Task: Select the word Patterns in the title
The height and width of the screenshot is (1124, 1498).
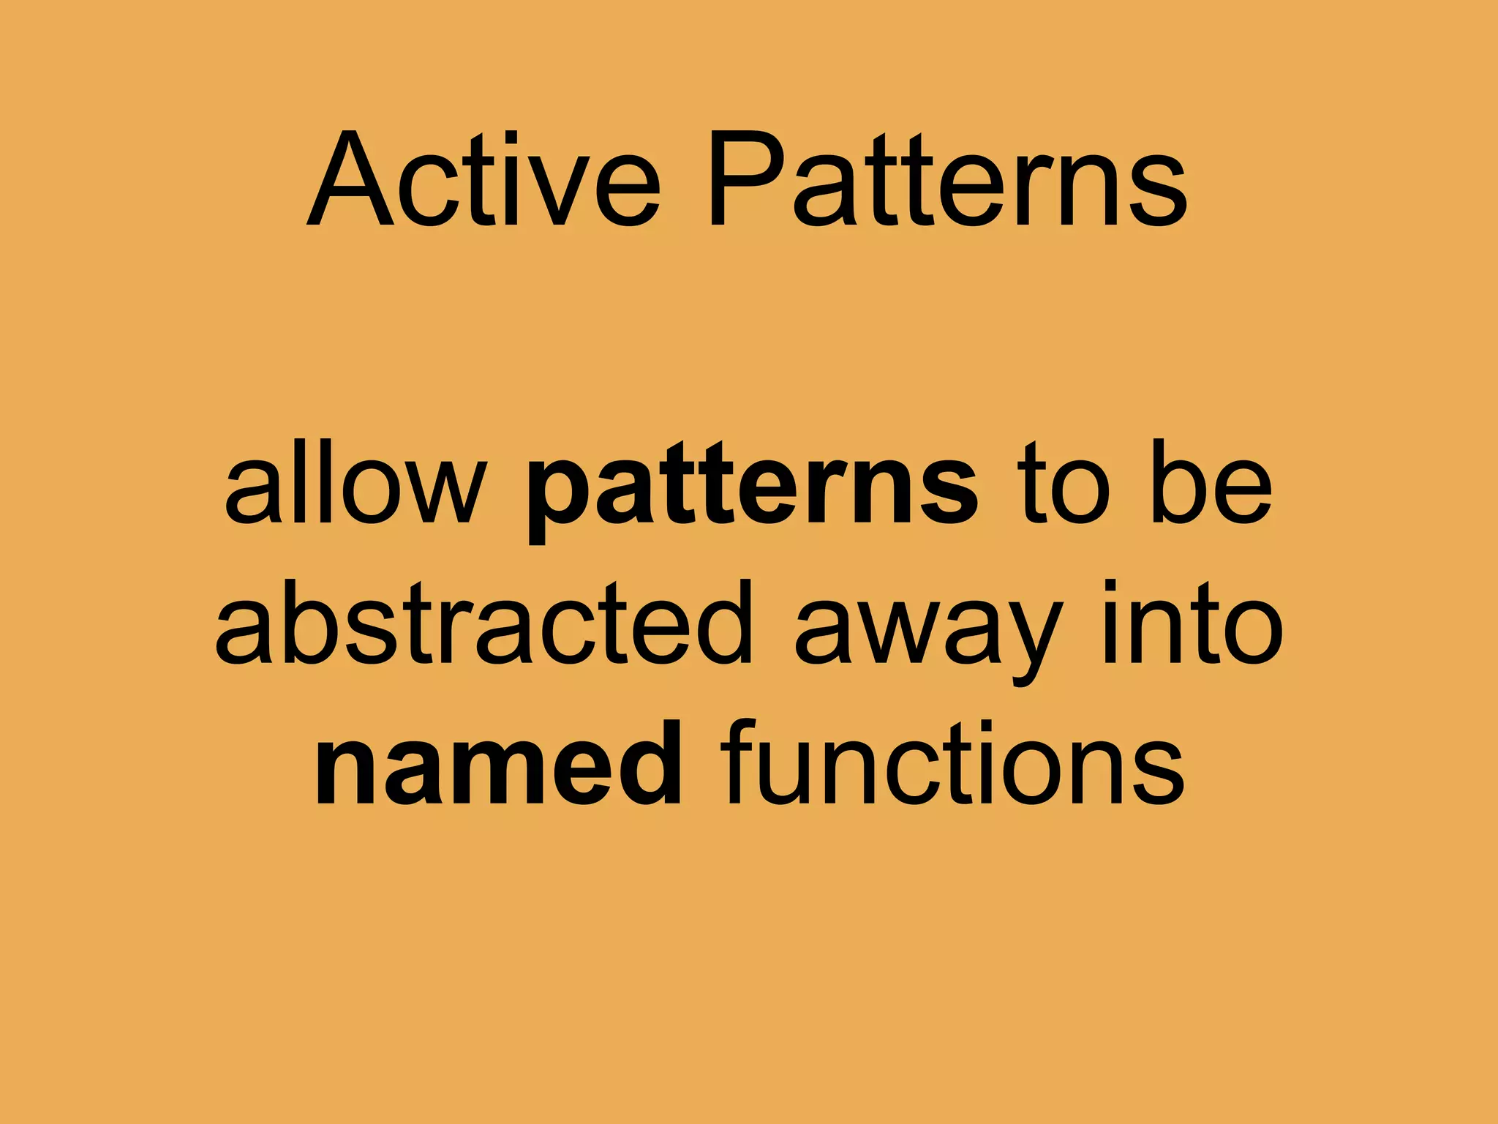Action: click(x=946, y=180)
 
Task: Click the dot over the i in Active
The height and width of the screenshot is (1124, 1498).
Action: click(x=511, y=137)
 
